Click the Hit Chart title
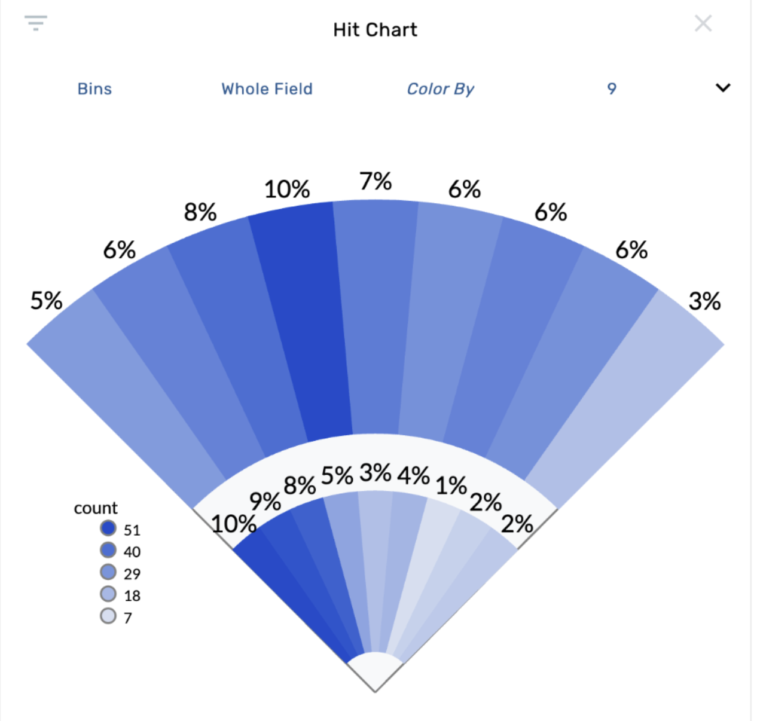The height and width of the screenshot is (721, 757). click(375, 30)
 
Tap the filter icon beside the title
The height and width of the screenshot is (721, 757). click(36, 23)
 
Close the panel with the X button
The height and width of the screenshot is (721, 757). click(703, 23)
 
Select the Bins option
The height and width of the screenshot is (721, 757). click(94, 89)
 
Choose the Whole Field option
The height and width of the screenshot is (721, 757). click(267, 89)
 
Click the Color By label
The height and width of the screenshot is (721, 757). click(440, 89)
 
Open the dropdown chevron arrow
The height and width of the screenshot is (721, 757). click(723, 88)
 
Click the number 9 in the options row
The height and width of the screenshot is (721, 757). click(611, 89)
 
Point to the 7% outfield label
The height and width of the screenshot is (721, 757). click(376, 181)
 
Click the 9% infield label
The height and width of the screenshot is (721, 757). click(265, 502)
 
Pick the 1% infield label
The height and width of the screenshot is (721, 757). click(451, 485)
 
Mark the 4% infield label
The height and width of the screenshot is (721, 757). click(413, 476)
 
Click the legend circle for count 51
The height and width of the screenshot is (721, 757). click(108, 528)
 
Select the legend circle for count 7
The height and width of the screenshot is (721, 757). click(108, 616)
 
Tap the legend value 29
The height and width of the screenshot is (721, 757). click(132, 574)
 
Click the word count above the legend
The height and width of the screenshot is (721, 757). click(96, 508)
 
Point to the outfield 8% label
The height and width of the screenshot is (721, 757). click(200, 212)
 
